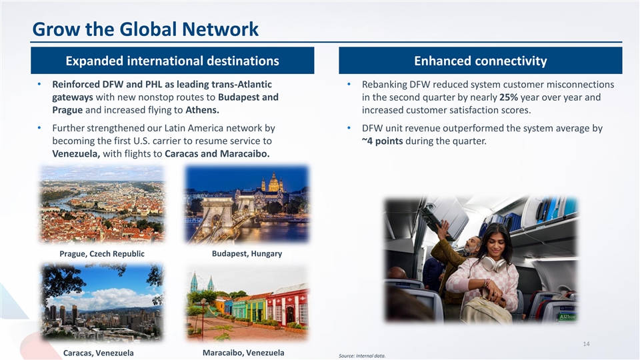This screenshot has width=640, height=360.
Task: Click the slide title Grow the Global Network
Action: coord(145,29)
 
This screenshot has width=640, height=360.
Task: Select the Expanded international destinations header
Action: coord(172,61)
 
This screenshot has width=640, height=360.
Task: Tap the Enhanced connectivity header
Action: coord(481,61)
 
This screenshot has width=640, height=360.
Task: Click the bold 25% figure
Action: coord(509,97)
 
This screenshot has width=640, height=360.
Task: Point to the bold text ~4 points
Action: coord(383,141)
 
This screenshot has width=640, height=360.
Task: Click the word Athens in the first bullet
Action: coord(202,110)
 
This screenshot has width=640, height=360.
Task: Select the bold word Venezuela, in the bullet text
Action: coord(76,153)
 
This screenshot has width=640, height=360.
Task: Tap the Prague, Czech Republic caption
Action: coord(102,253)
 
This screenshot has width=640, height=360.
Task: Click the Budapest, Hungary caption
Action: coord(247,253)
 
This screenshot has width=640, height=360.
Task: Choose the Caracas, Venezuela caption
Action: coord(99,353)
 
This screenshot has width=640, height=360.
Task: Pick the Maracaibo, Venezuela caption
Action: coord(243,353)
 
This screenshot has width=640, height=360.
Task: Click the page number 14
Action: coord(586,344)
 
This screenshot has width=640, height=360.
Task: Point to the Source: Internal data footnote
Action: coord(362,356)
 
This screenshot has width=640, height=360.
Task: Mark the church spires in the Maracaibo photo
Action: coord(202,282)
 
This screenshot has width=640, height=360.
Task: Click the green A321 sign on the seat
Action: coord(567,317)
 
